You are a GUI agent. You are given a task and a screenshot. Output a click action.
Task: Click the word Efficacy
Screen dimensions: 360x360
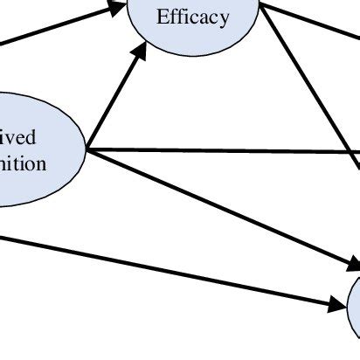coord(192,17)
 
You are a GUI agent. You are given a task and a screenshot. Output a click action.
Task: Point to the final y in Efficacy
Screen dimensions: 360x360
coord(225,18)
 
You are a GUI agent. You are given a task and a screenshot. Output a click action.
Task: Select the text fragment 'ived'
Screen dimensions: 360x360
coord(18,138)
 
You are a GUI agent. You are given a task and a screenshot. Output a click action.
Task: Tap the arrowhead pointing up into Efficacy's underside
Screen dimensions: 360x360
coord(137,54)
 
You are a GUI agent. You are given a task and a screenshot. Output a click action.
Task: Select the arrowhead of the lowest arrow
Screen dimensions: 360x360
coord(337,306)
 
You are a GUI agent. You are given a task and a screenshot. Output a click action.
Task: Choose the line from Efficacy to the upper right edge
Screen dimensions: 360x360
coord(310,24)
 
